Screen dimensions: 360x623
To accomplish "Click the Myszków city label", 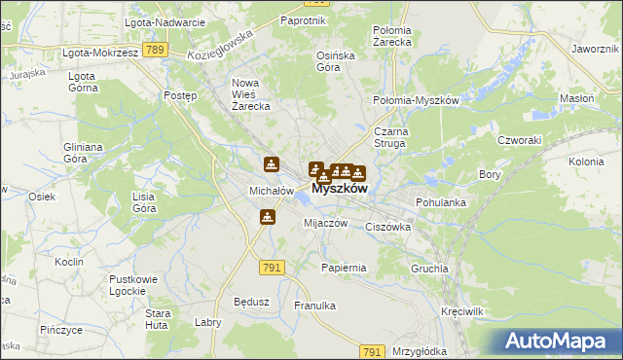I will pos(340,190).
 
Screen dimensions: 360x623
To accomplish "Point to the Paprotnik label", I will pos(301,19).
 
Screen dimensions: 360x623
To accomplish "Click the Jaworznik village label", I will pos(597,48).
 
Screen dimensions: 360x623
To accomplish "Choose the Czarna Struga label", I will pos(395,137).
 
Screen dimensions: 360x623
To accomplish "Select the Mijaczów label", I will pos(326,223).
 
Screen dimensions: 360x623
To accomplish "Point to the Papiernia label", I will pos(344,267).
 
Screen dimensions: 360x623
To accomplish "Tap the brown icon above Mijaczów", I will pos(268,218).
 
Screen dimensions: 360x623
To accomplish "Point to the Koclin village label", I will pos(69,263).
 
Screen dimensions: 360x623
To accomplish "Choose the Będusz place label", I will pos(251,302).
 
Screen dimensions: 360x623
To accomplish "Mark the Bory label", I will pos(490,174).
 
